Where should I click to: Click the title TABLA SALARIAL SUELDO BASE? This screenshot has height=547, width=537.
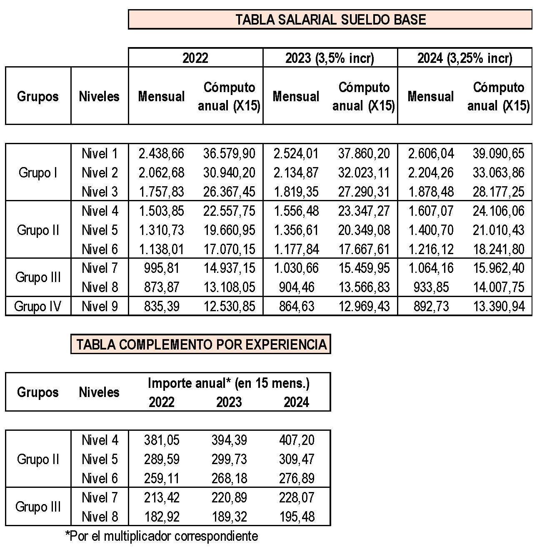pos(330,20)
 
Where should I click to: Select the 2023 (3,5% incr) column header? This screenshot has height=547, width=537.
pos(330,58)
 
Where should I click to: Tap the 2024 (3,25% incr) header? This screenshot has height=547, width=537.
pos(465,58)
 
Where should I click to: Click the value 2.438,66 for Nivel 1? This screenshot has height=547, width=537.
pos(161,154)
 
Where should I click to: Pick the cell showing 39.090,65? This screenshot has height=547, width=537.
pos(498,154)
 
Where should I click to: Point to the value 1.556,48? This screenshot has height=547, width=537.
pos(296,211)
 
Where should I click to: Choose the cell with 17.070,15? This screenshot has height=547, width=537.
pos(229,250)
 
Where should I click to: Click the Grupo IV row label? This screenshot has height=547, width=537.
pos(37,307)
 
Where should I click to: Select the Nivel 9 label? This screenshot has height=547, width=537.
pos(100,307)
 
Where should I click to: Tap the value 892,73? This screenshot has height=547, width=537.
pos(431,307)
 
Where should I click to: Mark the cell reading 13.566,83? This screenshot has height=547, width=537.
pos(364,287)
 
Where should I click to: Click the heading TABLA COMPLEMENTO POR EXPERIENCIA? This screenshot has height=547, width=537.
pos(201,345)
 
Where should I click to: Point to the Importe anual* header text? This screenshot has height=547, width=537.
pos(229,383)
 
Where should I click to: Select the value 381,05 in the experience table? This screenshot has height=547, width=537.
pos(162,440)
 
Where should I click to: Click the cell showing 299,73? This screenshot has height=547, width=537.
pos(229,460)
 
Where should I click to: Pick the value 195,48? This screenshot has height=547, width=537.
pos(297,517)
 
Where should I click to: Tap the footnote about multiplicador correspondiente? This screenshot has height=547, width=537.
pos(162,536)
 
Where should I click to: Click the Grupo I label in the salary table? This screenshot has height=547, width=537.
pos(37,173)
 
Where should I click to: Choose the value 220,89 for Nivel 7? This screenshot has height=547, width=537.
pos(229,498)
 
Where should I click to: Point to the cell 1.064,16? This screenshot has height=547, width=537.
pos(431,268)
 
